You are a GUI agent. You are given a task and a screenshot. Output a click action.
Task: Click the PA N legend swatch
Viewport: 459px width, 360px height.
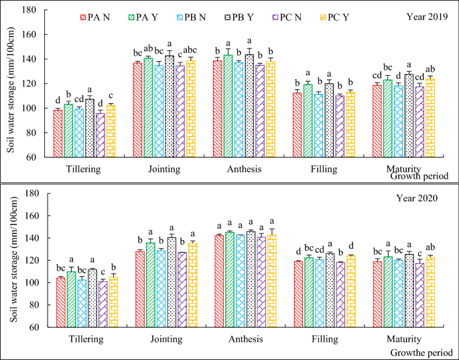tap(84, 17)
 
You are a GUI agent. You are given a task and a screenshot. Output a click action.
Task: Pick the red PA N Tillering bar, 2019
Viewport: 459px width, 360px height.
tap(58, 134)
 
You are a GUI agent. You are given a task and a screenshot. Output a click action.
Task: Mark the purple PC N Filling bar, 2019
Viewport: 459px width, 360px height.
tap(340, 127)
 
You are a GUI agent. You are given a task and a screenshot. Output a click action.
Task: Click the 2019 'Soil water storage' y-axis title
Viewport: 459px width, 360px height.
tap(10, 84)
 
